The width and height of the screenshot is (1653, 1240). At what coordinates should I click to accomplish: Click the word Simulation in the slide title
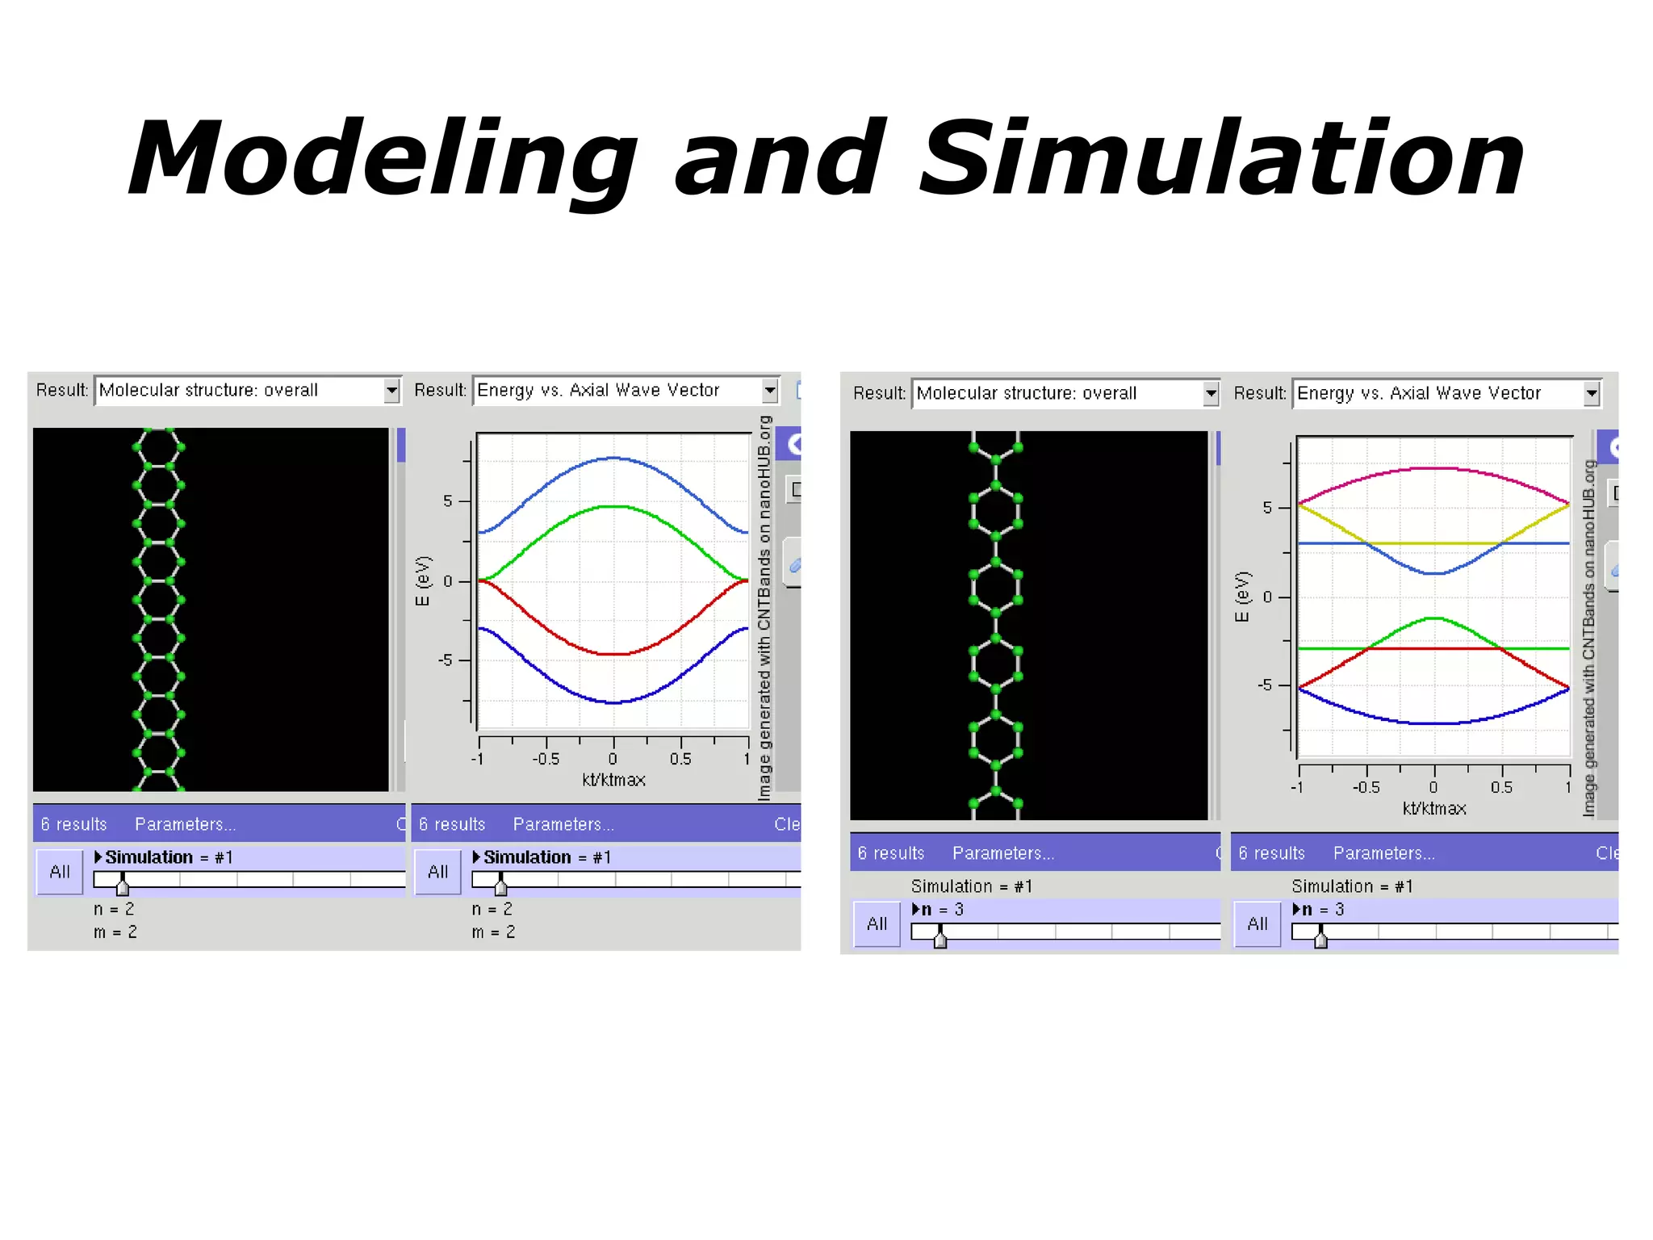coord(1221,159)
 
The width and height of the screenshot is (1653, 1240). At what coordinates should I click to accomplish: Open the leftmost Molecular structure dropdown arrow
coord(391,391)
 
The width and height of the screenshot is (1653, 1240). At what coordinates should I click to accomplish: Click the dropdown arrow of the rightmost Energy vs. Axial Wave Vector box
coord(1591,394)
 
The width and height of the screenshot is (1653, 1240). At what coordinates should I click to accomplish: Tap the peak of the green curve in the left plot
coord(614,506)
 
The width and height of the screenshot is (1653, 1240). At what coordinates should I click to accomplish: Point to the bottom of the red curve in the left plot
coord(614,654)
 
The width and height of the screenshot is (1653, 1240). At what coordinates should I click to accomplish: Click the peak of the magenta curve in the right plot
coord(1434,468)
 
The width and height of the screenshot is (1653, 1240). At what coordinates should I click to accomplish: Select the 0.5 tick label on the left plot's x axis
coord(680,759)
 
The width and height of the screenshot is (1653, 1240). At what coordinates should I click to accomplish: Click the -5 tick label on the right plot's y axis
coord(1265,685)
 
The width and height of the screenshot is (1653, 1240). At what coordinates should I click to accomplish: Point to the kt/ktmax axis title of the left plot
coord(613,780)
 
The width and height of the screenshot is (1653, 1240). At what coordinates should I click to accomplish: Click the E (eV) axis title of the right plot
coord(1242,597)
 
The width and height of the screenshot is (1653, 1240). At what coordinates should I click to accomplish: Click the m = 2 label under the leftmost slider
coord(115,932)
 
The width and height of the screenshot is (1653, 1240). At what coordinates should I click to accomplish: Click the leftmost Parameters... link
coord(185,824)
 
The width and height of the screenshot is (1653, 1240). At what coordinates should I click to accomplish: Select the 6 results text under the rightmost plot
coord(1271,853)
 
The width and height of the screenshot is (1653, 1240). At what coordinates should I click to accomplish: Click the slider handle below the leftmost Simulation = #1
coord(123,886)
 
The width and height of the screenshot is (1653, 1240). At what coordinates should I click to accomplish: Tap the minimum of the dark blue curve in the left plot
coord(614,703)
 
